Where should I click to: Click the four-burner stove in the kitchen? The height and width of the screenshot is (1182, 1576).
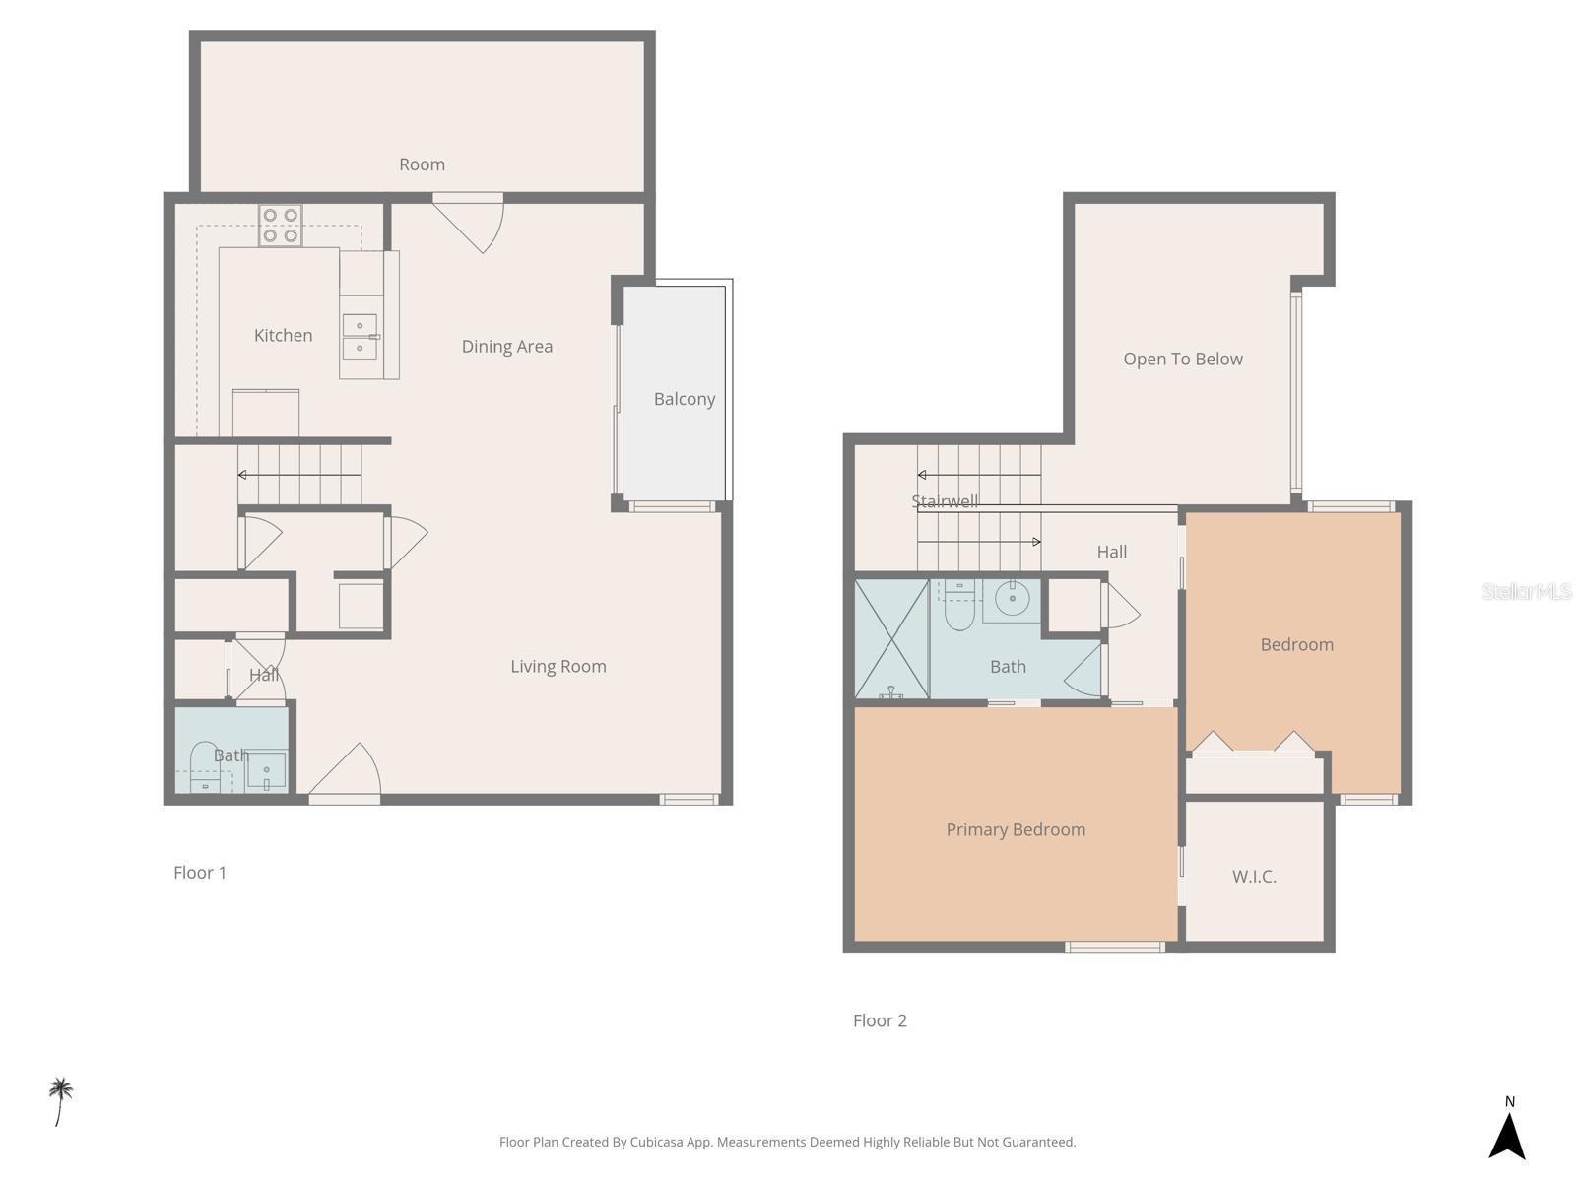(281, 226)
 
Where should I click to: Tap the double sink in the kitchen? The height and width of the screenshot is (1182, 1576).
(360, 336)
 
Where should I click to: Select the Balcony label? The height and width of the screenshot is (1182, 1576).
(684, 399)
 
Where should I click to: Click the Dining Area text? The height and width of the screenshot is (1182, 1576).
(506, 346)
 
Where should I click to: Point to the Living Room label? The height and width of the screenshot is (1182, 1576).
(558, 667)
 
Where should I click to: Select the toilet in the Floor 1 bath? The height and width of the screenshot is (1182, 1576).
(205, 763)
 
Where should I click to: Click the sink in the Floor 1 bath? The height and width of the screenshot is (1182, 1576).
(266, 769)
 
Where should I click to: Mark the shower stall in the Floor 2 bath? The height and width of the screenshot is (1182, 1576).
(891, 639)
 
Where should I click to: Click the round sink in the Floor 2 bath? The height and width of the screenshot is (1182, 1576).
(1012, 598)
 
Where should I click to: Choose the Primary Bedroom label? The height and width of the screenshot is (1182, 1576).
(1016, 830)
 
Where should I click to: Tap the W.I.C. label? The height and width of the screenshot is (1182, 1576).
(1254, 876)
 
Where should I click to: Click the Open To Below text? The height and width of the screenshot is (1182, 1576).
(1182, 360)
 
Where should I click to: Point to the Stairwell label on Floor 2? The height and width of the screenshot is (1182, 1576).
(945, 501)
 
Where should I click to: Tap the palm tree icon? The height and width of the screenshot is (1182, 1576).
(61, 1098)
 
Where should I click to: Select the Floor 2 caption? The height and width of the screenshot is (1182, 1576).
(880, 1020)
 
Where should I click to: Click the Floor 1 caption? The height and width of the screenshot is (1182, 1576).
(200, 873)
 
